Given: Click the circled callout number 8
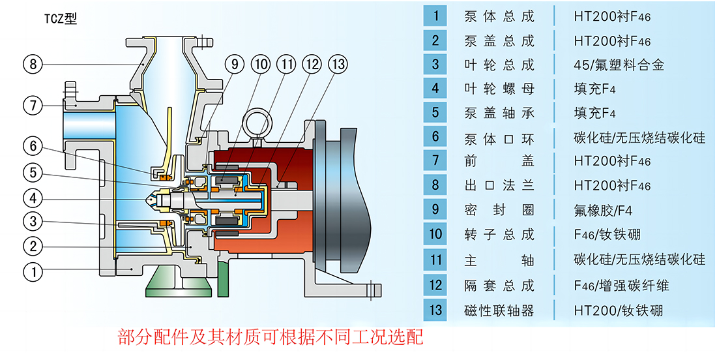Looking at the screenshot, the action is coord(33,64).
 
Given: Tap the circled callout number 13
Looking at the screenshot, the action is coord(338,65).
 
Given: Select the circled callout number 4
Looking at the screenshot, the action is coord(33,199).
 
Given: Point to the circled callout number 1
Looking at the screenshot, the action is coord(33,273).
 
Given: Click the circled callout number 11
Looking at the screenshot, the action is coord(287,65).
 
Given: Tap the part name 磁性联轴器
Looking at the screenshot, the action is coord(499,311).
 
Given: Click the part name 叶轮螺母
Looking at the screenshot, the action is coord(499,88).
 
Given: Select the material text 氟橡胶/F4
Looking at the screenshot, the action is coord(603,211).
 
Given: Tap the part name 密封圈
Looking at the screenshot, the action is coord(499,211).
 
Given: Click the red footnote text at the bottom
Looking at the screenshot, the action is coord(271,338).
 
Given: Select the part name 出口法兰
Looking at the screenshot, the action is coord(499,186).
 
